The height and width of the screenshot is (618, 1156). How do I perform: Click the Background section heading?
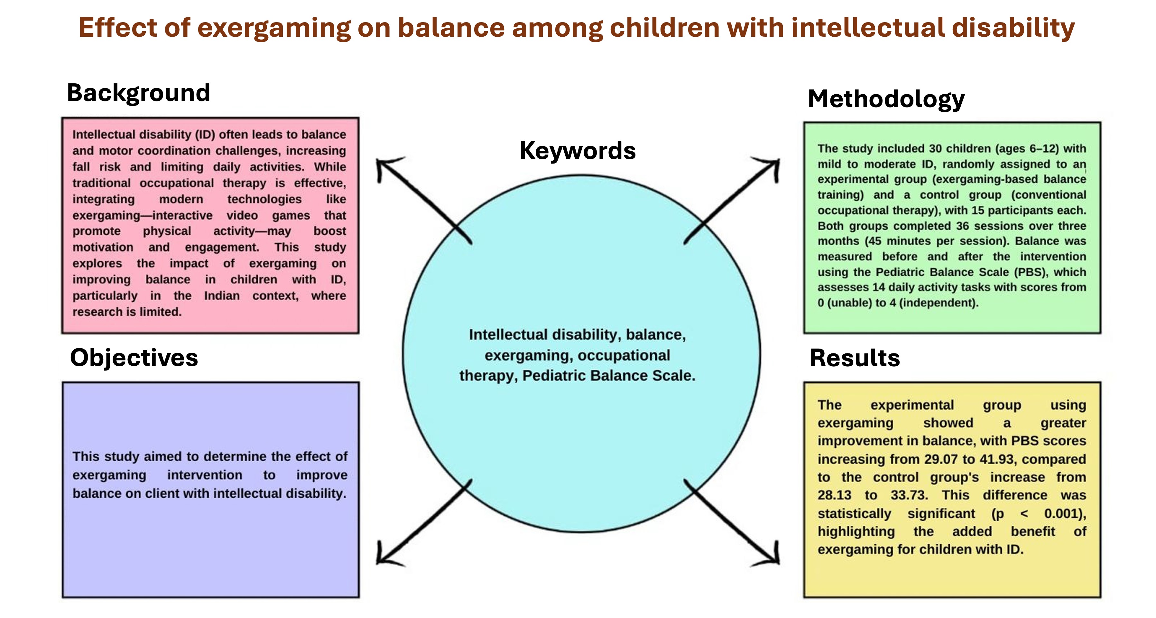138,93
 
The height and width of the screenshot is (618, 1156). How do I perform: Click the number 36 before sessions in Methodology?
963,226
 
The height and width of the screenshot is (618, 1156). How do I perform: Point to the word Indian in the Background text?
222,296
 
